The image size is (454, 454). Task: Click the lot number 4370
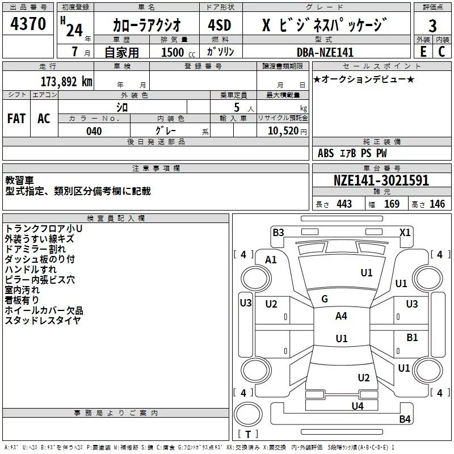28,23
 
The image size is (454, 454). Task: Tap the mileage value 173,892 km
66,82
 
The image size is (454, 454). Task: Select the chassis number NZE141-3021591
381,180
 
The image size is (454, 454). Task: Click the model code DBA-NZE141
325,52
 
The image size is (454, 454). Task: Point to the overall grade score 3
432,26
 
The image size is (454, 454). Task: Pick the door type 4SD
220,25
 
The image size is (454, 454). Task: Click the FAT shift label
16,119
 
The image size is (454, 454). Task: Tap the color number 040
94,131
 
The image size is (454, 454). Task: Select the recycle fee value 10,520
283,131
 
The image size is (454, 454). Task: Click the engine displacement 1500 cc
178,52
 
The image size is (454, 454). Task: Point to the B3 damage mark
278,233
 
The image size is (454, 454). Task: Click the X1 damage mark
405,233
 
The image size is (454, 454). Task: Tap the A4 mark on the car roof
341,316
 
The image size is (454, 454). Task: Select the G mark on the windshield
325,299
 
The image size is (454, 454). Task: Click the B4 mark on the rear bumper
405,419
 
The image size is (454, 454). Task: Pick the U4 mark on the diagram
358,406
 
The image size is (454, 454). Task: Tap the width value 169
392,204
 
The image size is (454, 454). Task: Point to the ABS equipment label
326,153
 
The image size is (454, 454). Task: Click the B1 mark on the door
412,338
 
